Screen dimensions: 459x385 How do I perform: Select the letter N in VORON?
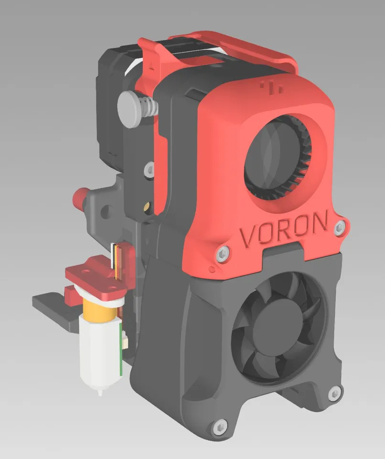[x=319, y=222]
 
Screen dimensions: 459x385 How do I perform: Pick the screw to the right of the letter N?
[x=340, y=228]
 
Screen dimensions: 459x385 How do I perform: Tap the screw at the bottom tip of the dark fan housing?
[x=220, y=427]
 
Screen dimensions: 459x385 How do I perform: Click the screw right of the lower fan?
[x=334, y=393]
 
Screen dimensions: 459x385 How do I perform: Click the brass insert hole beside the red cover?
[x=146, y=207]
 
